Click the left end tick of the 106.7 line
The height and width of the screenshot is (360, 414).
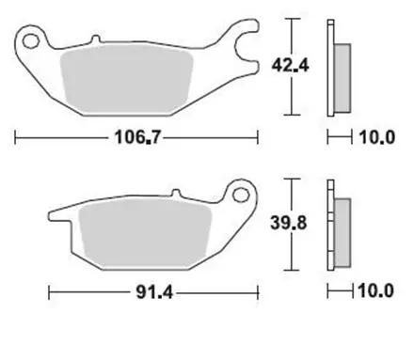coord(17,139)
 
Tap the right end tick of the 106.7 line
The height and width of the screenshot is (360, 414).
coord(258,139)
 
